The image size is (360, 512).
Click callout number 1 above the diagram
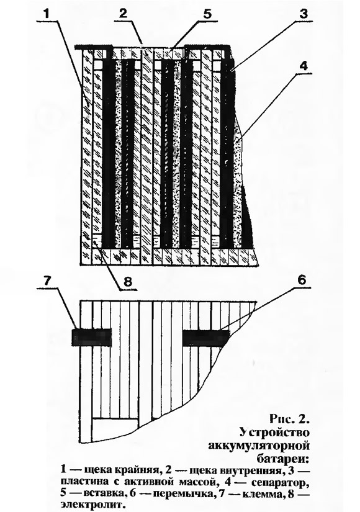click(46, 14)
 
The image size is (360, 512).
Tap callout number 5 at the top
click(208, 14)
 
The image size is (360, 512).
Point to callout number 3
click(303, 14)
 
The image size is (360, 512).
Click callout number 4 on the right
click(304, 65)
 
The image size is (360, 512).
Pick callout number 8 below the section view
click(127, 281)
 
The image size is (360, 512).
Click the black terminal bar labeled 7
click(92, 338)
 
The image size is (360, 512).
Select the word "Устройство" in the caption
click(274, 433)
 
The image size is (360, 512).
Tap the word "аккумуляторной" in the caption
click(259, 446)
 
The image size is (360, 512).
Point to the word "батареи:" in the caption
click(282, 459)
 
